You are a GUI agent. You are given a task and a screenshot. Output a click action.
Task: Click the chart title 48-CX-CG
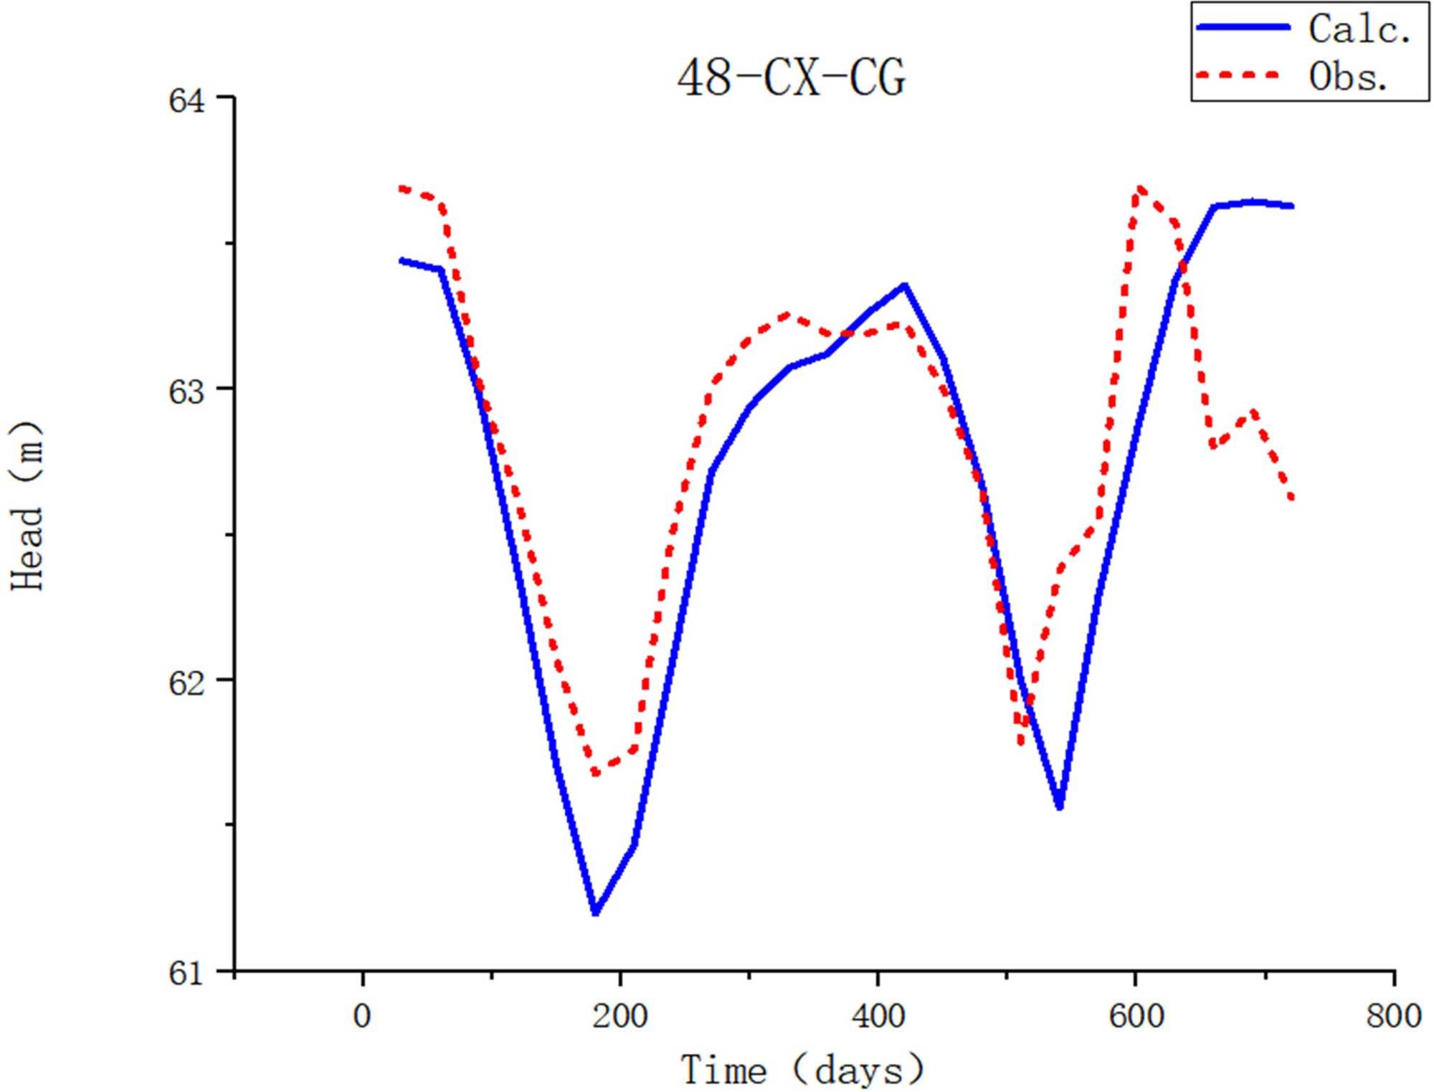(791, 77)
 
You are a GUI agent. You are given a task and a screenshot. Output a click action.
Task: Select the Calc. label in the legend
(1359, 30)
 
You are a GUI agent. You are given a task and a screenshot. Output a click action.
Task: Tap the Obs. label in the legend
(1348, 75)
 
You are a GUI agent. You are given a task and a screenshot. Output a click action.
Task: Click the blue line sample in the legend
(1243, 27)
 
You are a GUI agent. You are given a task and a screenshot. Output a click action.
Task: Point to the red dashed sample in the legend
(1238, 75)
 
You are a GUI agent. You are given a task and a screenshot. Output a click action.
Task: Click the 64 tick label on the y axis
(187, 99)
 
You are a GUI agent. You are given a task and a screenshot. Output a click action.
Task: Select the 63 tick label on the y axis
(187, 391)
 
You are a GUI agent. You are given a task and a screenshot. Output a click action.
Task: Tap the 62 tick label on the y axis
(187, 682)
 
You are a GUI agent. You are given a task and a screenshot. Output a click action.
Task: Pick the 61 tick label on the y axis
(187, 973)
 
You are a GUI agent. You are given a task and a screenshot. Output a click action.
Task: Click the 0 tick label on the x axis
(363, 1017)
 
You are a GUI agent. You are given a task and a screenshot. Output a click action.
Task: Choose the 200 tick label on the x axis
(620, 1017)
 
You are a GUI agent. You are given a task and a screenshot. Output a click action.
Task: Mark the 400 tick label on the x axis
(878, 1017)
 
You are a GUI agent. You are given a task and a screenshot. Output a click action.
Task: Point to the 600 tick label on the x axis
(1136, 1017)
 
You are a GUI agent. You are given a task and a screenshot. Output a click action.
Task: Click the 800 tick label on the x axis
(1393, 1017)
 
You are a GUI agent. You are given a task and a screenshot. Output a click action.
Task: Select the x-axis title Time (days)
(802, 1070)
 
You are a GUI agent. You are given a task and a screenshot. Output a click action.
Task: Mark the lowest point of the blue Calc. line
(595, 913)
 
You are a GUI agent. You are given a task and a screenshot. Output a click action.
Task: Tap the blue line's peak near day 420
(905, 286)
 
